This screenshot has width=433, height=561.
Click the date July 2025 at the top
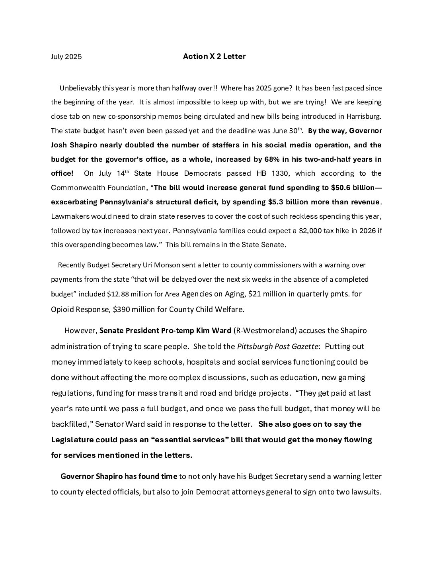66,57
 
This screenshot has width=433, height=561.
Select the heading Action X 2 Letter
214,56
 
